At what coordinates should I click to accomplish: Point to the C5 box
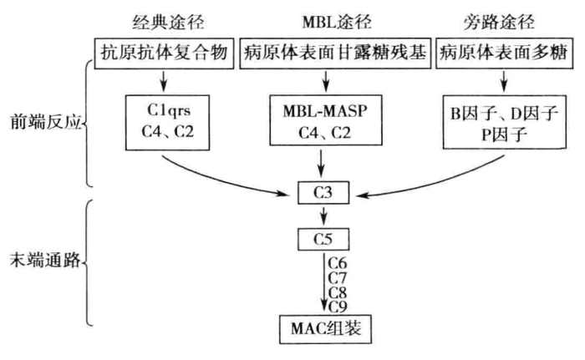click(x=323, y=241)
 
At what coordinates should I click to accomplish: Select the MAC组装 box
click(x=323, y=322)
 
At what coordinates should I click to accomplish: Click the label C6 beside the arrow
click(x=338, y=263)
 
